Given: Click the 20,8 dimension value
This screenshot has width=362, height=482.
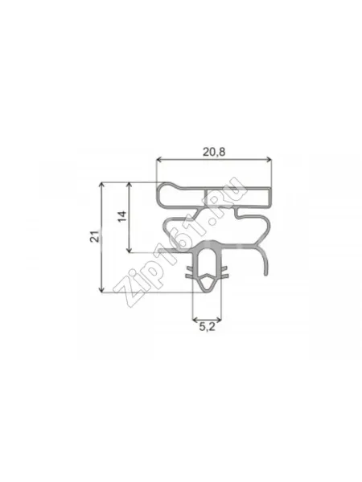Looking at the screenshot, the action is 214,152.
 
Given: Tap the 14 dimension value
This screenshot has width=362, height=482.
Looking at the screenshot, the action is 122,216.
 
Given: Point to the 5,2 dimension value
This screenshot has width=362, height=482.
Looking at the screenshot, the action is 207,327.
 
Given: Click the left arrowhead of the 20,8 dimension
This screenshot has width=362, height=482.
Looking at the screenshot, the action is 158,159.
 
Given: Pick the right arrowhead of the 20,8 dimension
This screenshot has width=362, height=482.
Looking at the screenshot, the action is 269,159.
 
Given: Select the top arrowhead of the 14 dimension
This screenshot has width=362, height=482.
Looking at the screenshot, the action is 130,185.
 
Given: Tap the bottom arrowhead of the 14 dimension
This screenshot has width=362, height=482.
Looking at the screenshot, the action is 130,250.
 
